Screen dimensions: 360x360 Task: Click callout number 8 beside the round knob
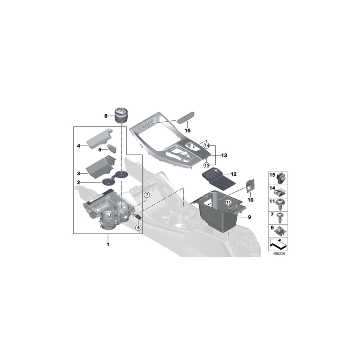106,116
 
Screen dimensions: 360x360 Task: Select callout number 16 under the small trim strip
188,130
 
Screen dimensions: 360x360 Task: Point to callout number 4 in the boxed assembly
79,146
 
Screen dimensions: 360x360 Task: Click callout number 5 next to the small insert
100,150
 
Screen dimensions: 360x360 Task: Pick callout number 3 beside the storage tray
79,174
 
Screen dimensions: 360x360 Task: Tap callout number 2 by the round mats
79,182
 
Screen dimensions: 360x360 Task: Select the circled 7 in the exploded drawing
147,195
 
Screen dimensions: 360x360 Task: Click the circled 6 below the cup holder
138,228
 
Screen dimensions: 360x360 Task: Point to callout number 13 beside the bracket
224,155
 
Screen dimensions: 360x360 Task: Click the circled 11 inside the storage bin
228,203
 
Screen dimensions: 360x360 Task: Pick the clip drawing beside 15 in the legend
280,176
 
